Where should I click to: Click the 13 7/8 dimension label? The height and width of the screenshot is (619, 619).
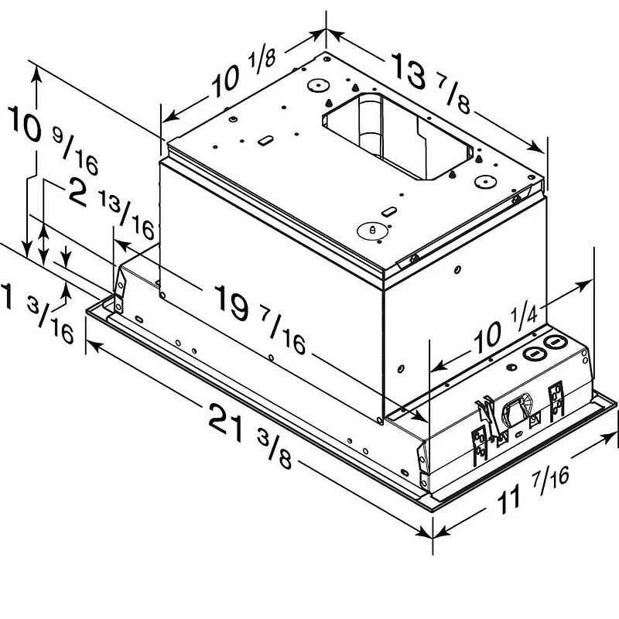431,84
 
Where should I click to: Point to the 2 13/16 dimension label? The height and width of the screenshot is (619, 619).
111,208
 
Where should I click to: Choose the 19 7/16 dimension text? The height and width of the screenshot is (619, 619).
260,319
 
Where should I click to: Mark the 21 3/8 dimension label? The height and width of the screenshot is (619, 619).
249,435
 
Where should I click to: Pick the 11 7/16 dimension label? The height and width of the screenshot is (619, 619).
533,490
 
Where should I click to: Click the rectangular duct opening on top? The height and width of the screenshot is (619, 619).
398,137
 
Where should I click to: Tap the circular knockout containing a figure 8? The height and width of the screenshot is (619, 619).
372,231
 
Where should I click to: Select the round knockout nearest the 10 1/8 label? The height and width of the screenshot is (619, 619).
317,86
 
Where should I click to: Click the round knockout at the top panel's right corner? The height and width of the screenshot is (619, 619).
485,182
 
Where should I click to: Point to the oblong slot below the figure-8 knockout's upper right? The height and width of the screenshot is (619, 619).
389,211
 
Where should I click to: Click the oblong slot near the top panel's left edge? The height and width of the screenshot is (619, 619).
265,140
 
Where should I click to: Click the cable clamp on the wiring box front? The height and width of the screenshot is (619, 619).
517,412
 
